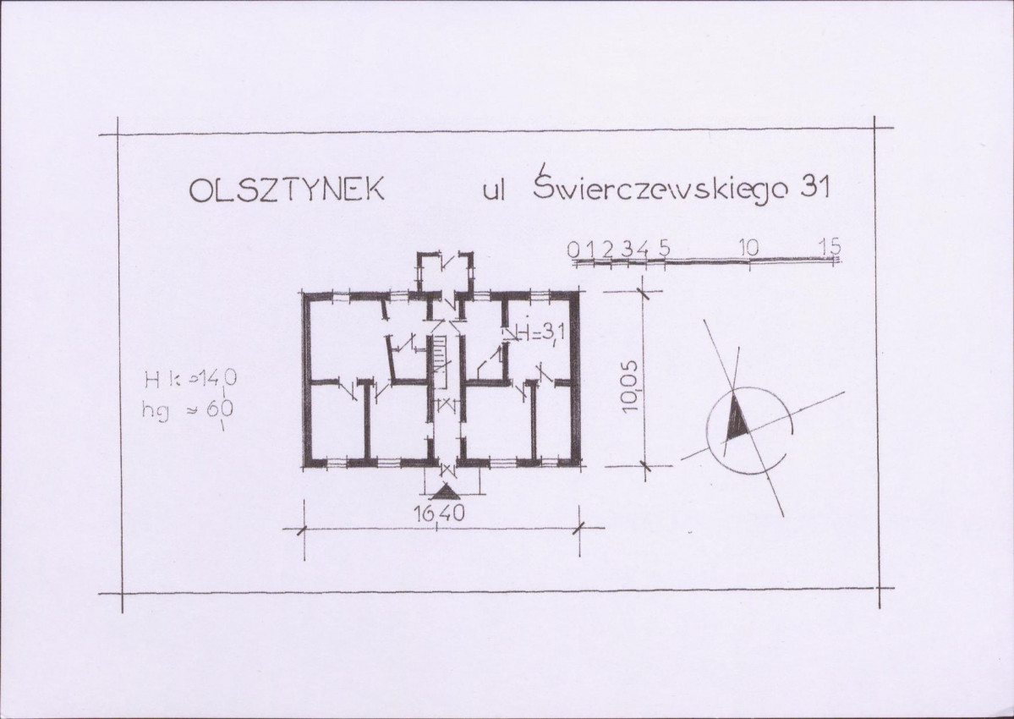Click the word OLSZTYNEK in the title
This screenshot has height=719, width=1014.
point(287,189)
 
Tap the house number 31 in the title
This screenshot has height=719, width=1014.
point(814,187)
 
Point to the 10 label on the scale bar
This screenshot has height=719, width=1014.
point(748,247)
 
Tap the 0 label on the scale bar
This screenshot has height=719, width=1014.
point(573,249)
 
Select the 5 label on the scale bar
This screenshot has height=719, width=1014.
point(664,248)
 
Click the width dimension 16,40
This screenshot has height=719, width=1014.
point(439,514)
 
